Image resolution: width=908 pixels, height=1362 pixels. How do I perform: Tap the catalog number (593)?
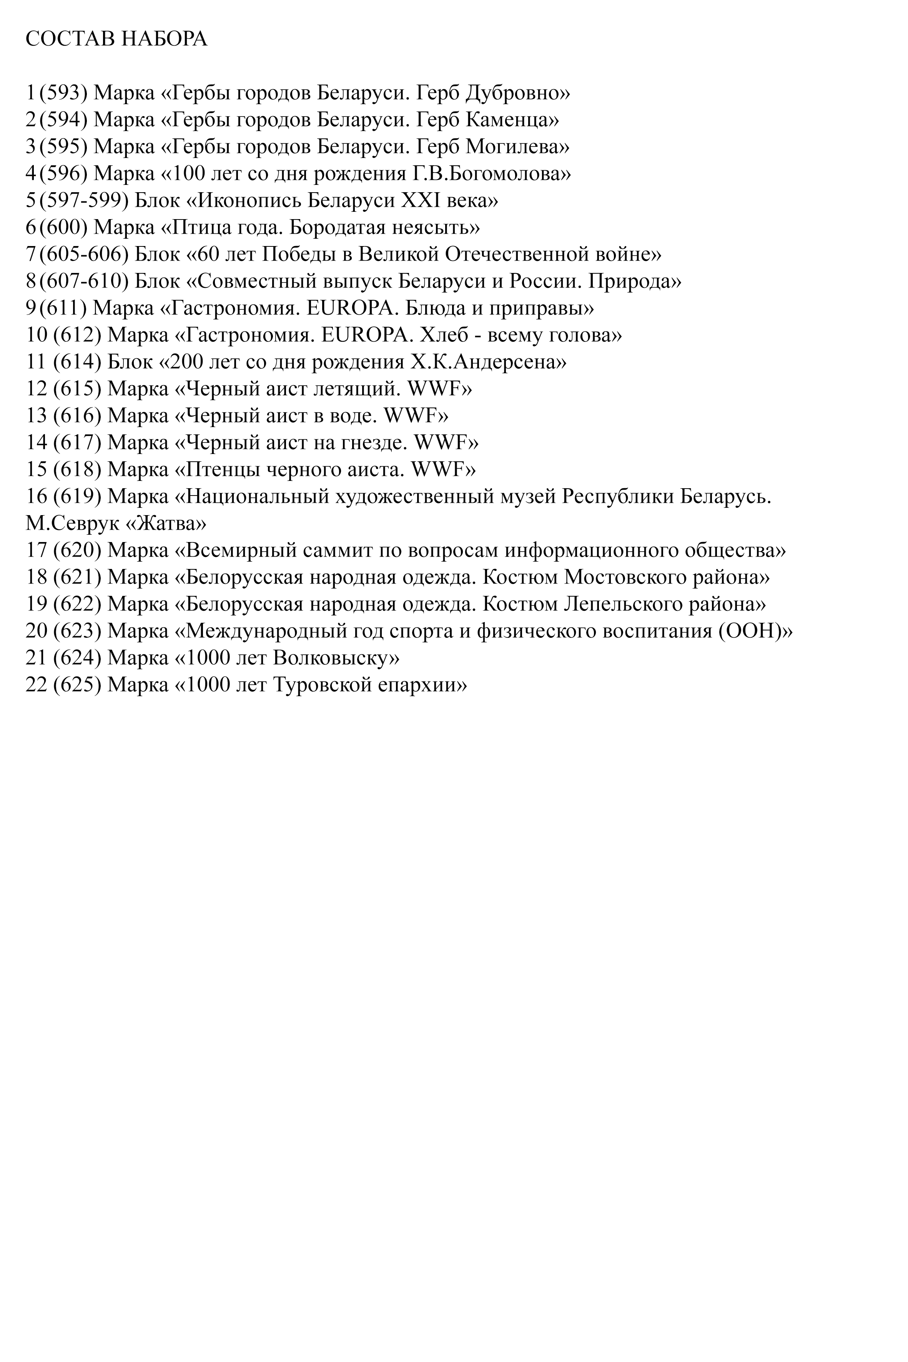pyautogui.click(x=63, y=93)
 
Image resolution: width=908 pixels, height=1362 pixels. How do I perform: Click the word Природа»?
pyautogui.click(x=635, y=281)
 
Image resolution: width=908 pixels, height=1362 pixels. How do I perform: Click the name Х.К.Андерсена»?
pyautogui.click(x=488, y=362)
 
